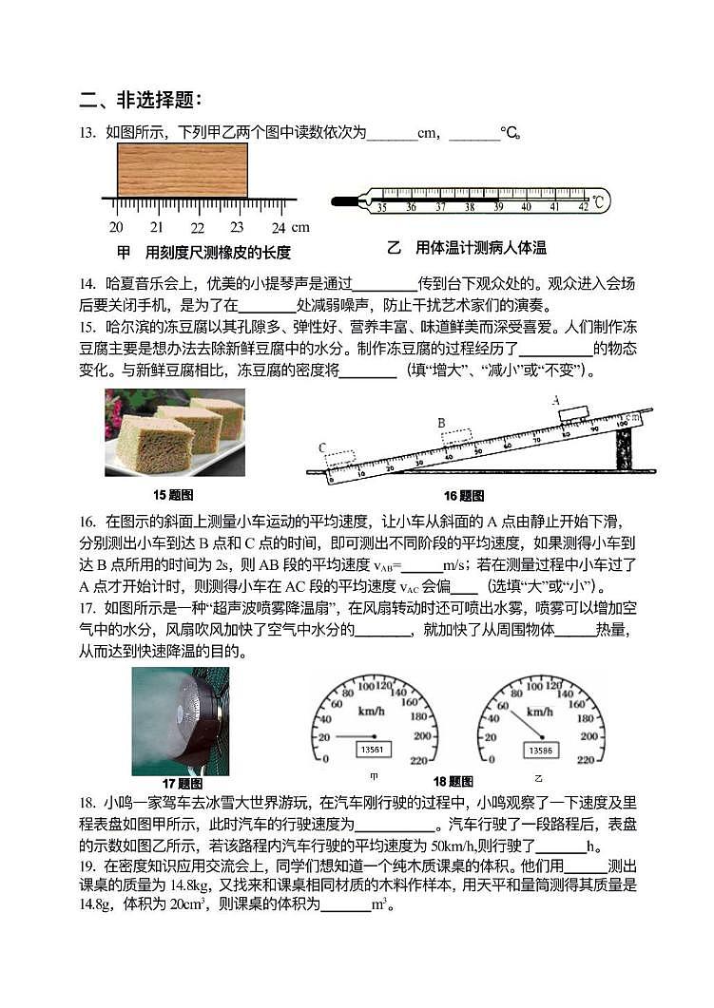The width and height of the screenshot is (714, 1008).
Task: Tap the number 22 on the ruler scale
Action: tap(197, 228)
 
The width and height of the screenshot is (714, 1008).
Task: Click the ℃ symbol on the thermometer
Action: tap(598, 201)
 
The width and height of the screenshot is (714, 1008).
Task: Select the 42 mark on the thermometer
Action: tap(583, 206)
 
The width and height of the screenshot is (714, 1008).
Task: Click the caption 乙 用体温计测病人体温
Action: tap(467, 248)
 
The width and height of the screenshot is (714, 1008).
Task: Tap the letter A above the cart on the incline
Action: tap(555, 400)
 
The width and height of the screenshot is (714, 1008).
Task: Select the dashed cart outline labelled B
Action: tap(456, 437)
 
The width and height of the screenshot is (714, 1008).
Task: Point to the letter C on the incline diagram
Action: tap(322, 447)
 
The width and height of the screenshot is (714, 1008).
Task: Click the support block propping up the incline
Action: tap(624, 448)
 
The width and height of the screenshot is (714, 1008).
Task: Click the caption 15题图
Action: tap(174, 495)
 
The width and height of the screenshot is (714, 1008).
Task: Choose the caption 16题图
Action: tap(464, 495)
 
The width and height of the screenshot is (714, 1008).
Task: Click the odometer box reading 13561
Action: tap(373, 750)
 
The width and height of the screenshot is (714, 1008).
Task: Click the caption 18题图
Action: tap(453, 782)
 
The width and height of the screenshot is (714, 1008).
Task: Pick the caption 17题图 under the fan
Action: tap(183, 784)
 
